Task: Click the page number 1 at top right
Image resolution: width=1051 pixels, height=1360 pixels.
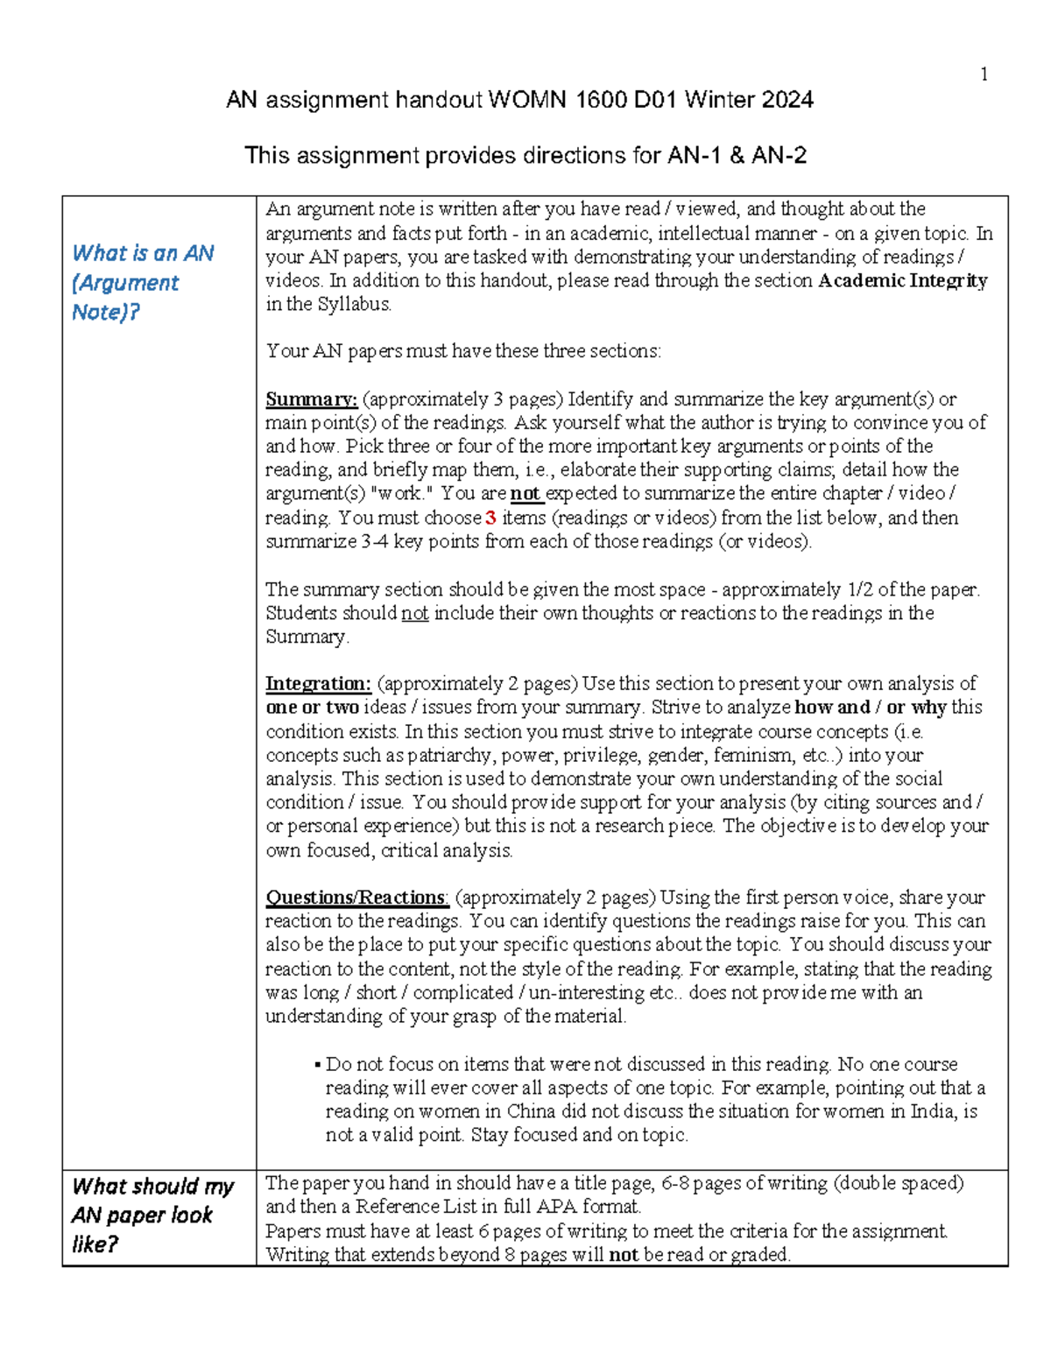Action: [984, 74]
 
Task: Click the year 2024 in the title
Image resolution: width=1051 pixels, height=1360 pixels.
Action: [786, 100]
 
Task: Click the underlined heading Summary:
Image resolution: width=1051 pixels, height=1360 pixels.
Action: [311, 399]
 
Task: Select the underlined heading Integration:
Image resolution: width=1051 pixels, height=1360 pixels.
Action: [318, 683]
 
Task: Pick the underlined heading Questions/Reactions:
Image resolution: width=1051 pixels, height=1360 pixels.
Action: [357, 898]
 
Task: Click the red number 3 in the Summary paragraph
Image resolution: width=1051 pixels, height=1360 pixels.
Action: [490, 518]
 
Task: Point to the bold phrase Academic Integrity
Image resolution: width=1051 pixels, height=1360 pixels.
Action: [902, 281]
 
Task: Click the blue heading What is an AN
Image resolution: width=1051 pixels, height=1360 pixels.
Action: [143, 254]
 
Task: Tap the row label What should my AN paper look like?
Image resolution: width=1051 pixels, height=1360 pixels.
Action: [152, 1215]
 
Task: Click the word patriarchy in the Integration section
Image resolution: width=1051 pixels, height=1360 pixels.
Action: [450, 755]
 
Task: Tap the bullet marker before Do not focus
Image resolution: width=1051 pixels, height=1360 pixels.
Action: [317, 1065]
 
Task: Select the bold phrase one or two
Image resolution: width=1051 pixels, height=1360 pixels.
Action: [312, 708]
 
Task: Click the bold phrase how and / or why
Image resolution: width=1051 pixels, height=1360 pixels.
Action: [870, 708]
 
